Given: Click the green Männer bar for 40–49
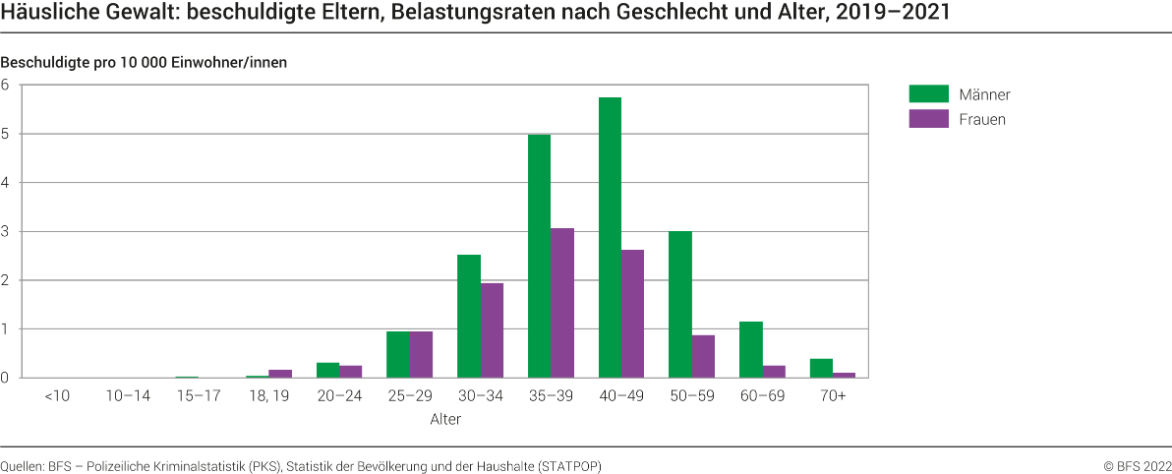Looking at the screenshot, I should click(610, 238).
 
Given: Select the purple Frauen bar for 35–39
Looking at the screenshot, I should click(562, 303).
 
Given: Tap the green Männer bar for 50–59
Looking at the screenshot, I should click(680, 305).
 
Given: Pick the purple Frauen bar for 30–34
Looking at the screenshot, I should click(492, 330).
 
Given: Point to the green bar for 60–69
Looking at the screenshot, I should click(750, 350).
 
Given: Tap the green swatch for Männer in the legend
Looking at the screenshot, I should click(927, 94).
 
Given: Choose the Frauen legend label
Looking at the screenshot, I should click(982, 119).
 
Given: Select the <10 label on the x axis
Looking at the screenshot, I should click(55, 395).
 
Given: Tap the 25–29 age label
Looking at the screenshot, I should click(409, 395).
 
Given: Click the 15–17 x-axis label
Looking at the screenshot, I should click(198, 395).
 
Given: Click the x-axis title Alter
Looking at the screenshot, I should click(444, 419).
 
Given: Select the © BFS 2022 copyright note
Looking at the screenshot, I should click(1137, 466).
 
